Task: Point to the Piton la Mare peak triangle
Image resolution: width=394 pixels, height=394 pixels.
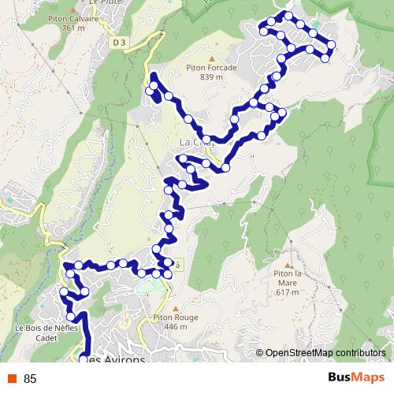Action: (288, 265)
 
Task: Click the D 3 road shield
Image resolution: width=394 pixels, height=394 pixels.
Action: (119, 42)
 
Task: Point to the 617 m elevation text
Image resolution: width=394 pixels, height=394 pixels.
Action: (288, 292)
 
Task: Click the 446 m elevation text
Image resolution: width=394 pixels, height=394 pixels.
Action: (176, 326)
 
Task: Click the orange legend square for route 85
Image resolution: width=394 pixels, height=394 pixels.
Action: (13, 378)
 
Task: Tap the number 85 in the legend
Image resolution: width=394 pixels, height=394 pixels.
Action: (31, 378)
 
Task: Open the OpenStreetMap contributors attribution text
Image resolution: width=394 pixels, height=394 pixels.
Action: (325, 353)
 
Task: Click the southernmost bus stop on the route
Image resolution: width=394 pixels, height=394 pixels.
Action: (84, 359)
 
